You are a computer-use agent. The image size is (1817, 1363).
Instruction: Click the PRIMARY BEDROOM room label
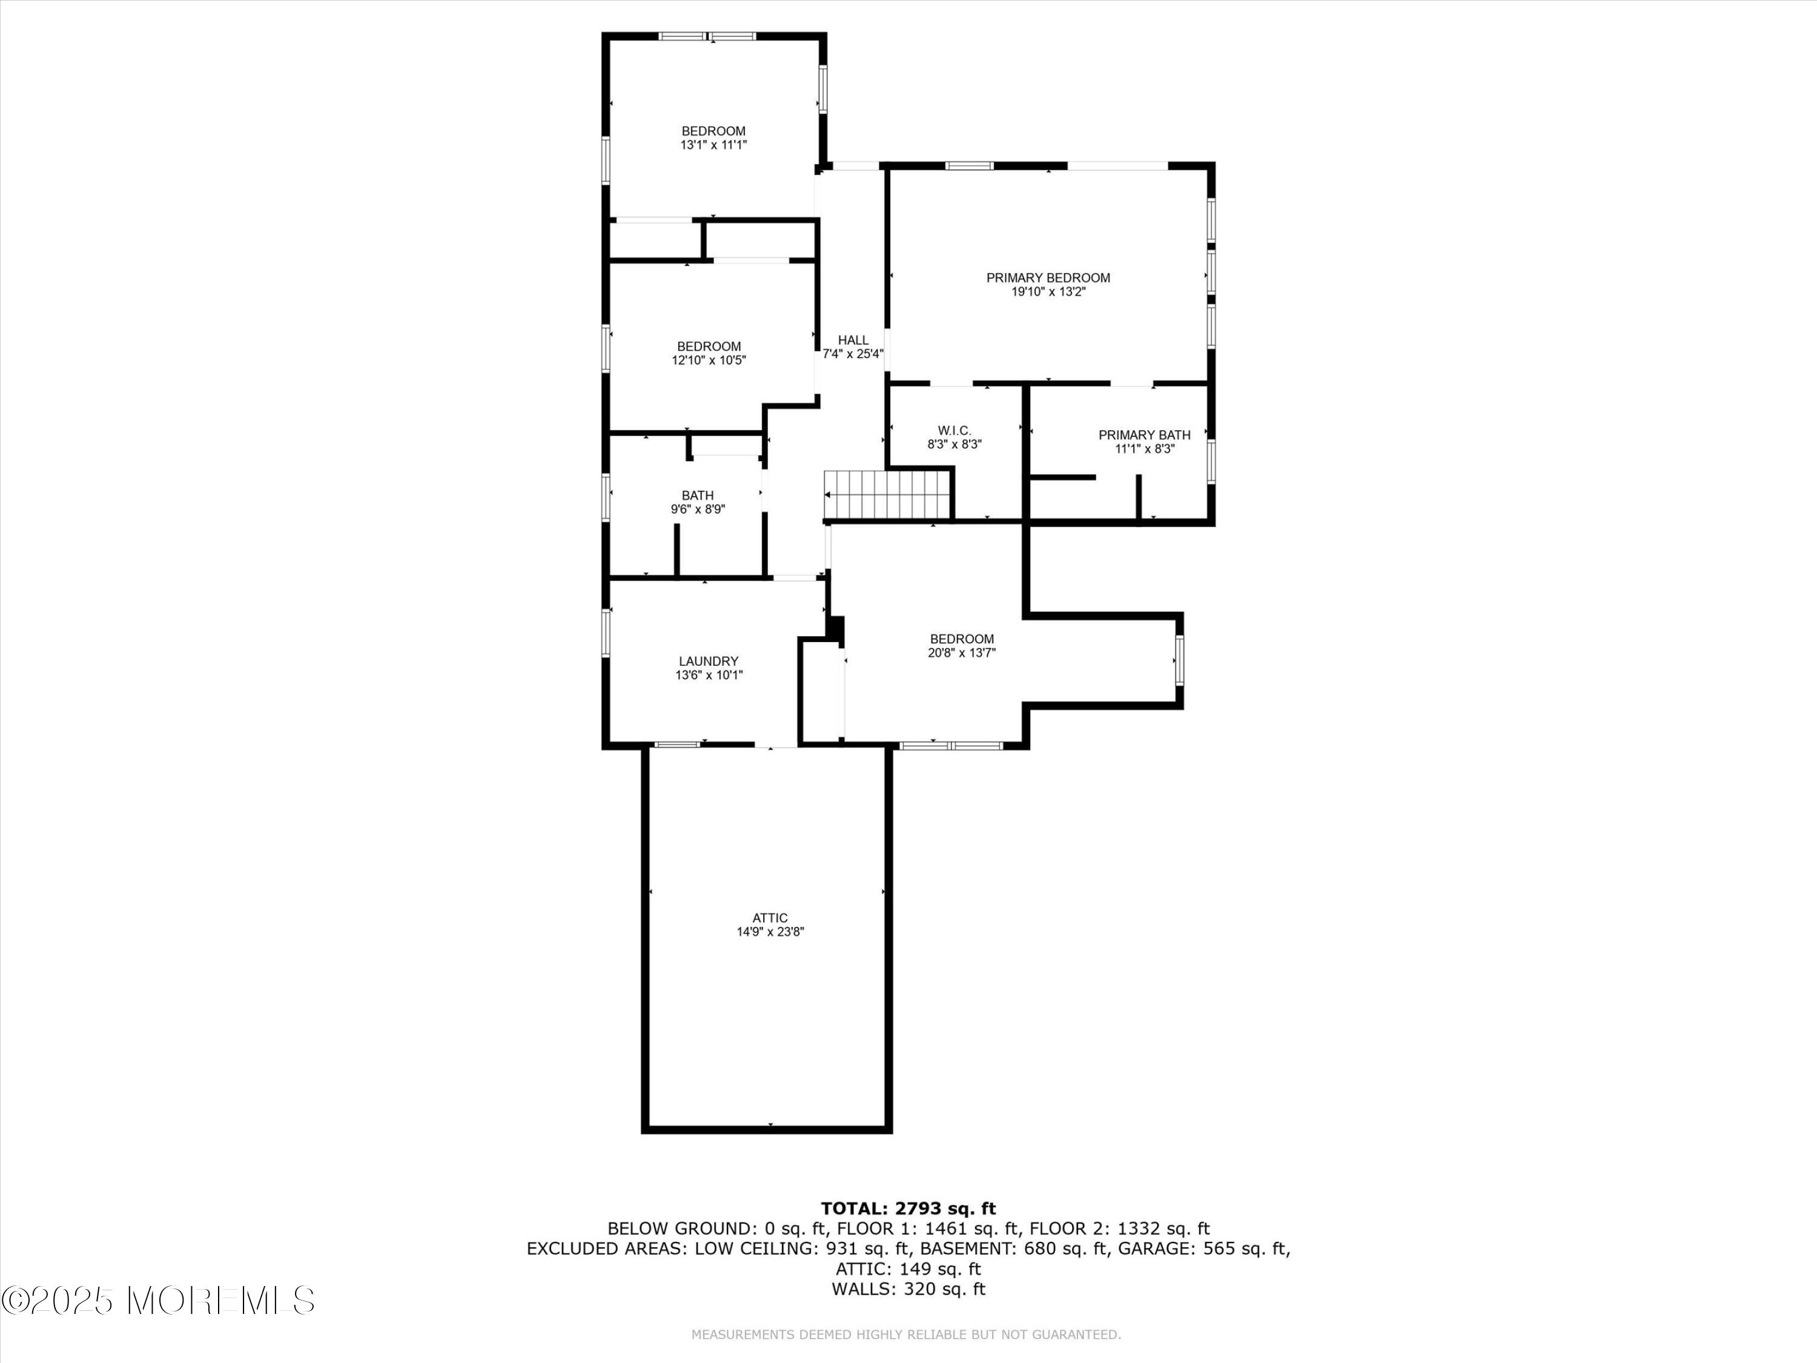(x=1048, y=277)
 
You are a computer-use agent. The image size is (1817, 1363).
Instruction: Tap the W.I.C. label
(x=955, y=431)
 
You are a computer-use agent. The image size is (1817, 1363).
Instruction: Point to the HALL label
(x=853, y=340)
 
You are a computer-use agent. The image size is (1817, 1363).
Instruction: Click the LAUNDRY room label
(x=709, y=662)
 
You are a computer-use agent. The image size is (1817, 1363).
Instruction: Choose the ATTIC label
(x=770, y=918)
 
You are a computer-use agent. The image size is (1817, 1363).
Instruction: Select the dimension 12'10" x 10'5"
(x=709, y=360)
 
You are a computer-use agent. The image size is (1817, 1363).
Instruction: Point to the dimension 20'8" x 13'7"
(x=962, y=652)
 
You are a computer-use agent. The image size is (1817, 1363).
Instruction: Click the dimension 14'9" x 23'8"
(x=770, y=932)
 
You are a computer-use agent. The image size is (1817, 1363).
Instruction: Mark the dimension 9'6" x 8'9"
(x=698, y=509)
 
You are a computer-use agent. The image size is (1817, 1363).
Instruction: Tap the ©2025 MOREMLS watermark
(x=157, y=1301)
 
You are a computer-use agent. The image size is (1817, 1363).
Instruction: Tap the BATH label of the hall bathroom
(x=697, y=496)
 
